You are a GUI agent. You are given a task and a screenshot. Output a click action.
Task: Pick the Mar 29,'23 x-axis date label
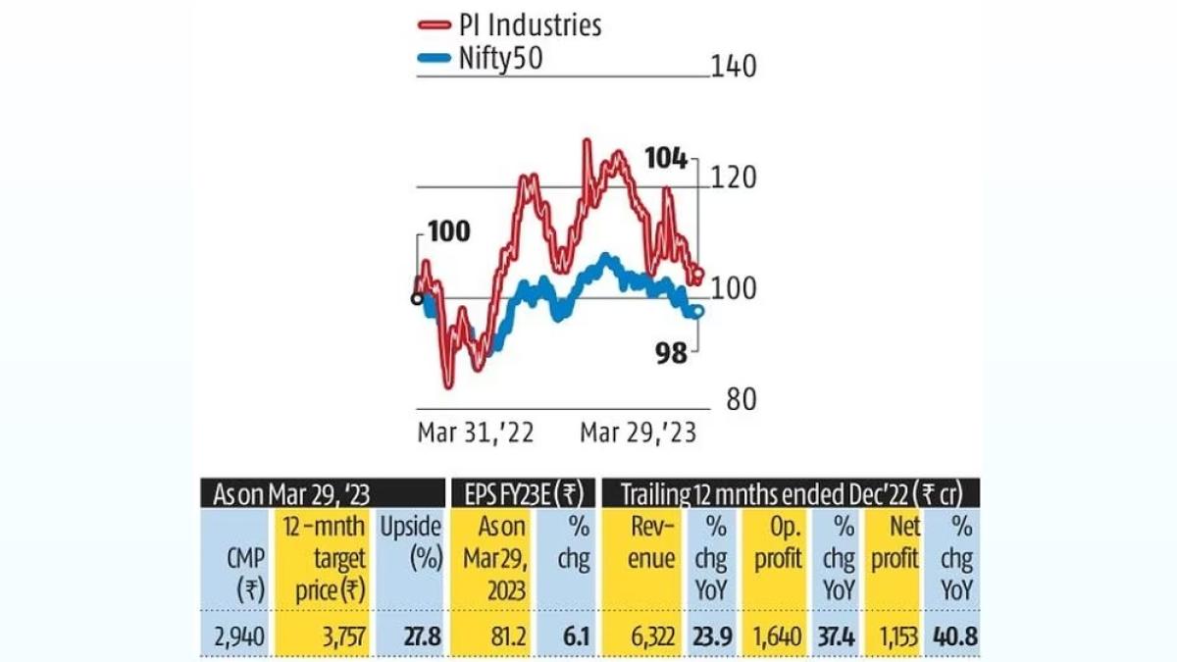pyautogui.click(x=639, y=433)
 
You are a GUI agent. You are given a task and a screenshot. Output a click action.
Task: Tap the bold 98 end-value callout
pyautogui.click(x=672, y=352)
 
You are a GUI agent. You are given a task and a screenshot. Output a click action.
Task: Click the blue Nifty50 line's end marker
pyautogui.click(x=698, y=311)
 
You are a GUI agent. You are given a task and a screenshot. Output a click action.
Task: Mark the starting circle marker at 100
pyautogui.click(x=418, y=298)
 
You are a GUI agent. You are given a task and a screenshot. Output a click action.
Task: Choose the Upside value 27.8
pyautogui.click(x=423, y=637)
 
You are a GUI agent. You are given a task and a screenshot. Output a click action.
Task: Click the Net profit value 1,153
pyautogui.click(x=893, y=637)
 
